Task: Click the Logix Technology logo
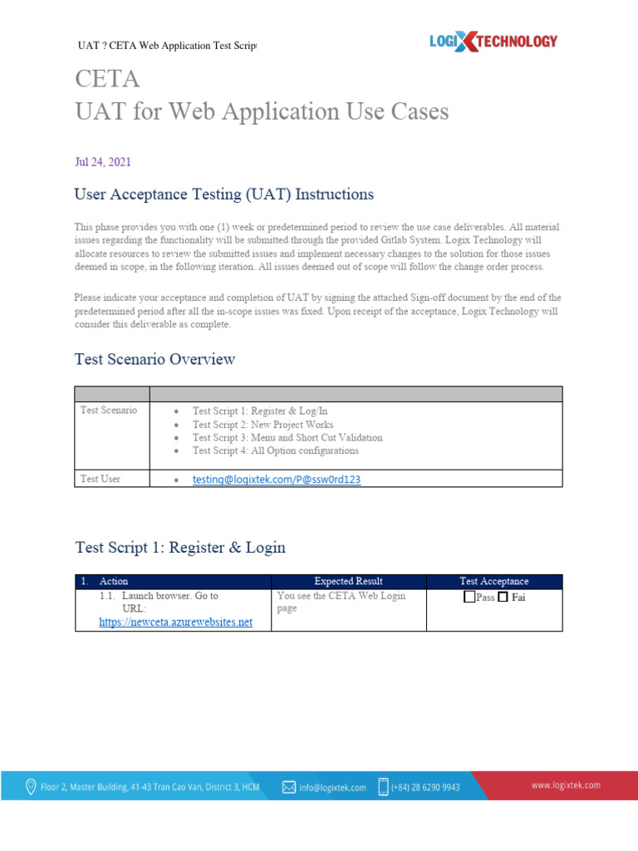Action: point(493,41)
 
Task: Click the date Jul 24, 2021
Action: point(102,162)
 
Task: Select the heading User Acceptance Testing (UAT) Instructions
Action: point(223,194)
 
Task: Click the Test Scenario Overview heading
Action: point(155,360)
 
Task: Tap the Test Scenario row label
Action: point(109,411)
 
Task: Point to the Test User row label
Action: point(101,480)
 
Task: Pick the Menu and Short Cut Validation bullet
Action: point(287,437)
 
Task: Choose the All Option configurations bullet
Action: point(276,450)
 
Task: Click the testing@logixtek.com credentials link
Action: point(277,480)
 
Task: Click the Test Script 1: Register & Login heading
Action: point(180,548)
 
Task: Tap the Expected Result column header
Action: point(348,582)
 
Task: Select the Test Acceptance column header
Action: point(493,582)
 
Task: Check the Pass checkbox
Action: point(470,598)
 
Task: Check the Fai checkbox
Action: point(503,598)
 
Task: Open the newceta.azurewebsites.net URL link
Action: point(175,622)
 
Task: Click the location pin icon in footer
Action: point(32,786)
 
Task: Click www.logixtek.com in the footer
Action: point(566,785)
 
